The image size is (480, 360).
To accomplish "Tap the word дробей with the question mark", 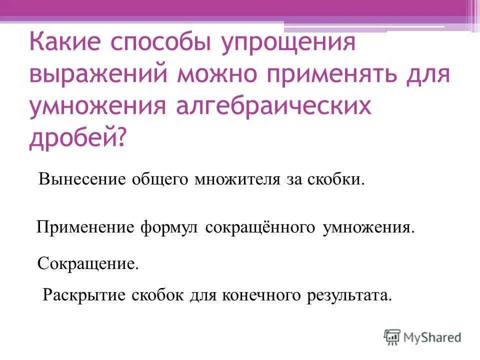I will pos(77,137).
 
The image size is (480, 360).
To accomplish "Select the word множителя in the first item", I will pos(237,178).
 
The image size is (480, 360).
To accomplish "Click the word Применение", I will pos(85,228).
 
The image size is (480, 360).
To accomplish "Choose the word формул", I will pos(170,228).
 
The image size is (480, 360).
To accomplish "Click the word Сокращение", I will pos(88,263).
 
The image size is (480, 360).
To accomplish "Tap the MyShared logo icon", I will pos(392,336).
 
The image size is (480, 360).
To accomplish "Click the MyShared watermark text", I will pos(433,337).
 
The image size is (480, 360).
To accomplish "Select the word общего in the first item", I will pos(159,178).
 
